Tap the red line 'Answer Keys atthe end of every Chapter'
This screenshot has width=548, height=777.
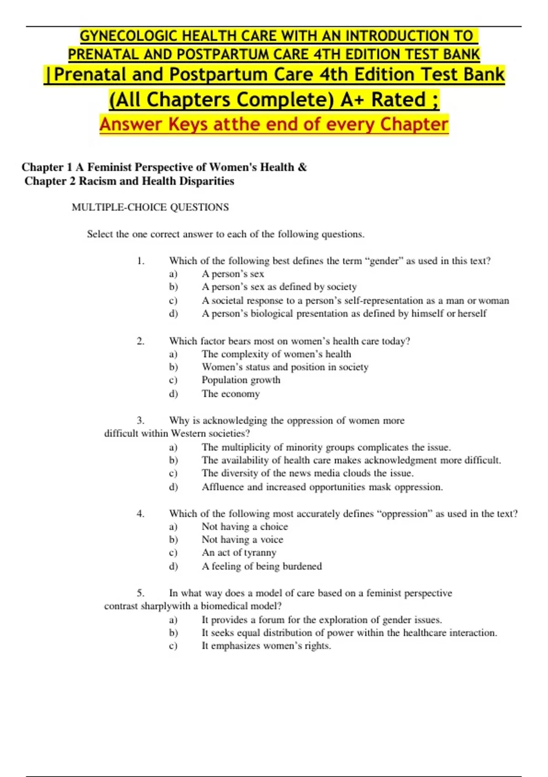point(274,124)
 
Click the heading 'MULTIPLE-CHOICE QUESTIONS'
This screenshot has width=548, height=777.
point(150,208)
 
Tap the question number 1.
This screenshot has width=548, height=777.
point(141,261)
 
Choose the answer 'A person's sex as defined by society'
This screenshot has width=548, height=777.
point(279,287)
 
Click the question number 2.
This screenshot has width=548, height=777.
point(141,341)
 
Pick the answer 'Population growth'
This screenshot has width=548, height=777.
point(241,380)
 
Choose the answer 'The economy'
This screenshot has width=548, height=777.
point(231,394)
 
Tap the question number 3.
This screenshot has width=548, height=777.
point(141,420)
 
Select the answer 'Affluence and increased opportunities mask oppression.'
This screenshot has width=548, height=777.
point(322,487)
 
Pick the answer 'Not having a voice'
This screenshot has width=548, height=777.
point(242,540)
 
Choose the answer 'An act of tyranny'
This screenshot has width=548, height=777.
point(239,553)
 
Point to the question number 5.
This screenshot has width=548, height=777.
point(141,593)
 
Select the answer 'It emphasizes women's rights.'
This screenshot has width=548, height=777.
point(266,646)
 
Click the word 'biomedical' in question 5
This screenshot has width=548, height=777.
point(224,606)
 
